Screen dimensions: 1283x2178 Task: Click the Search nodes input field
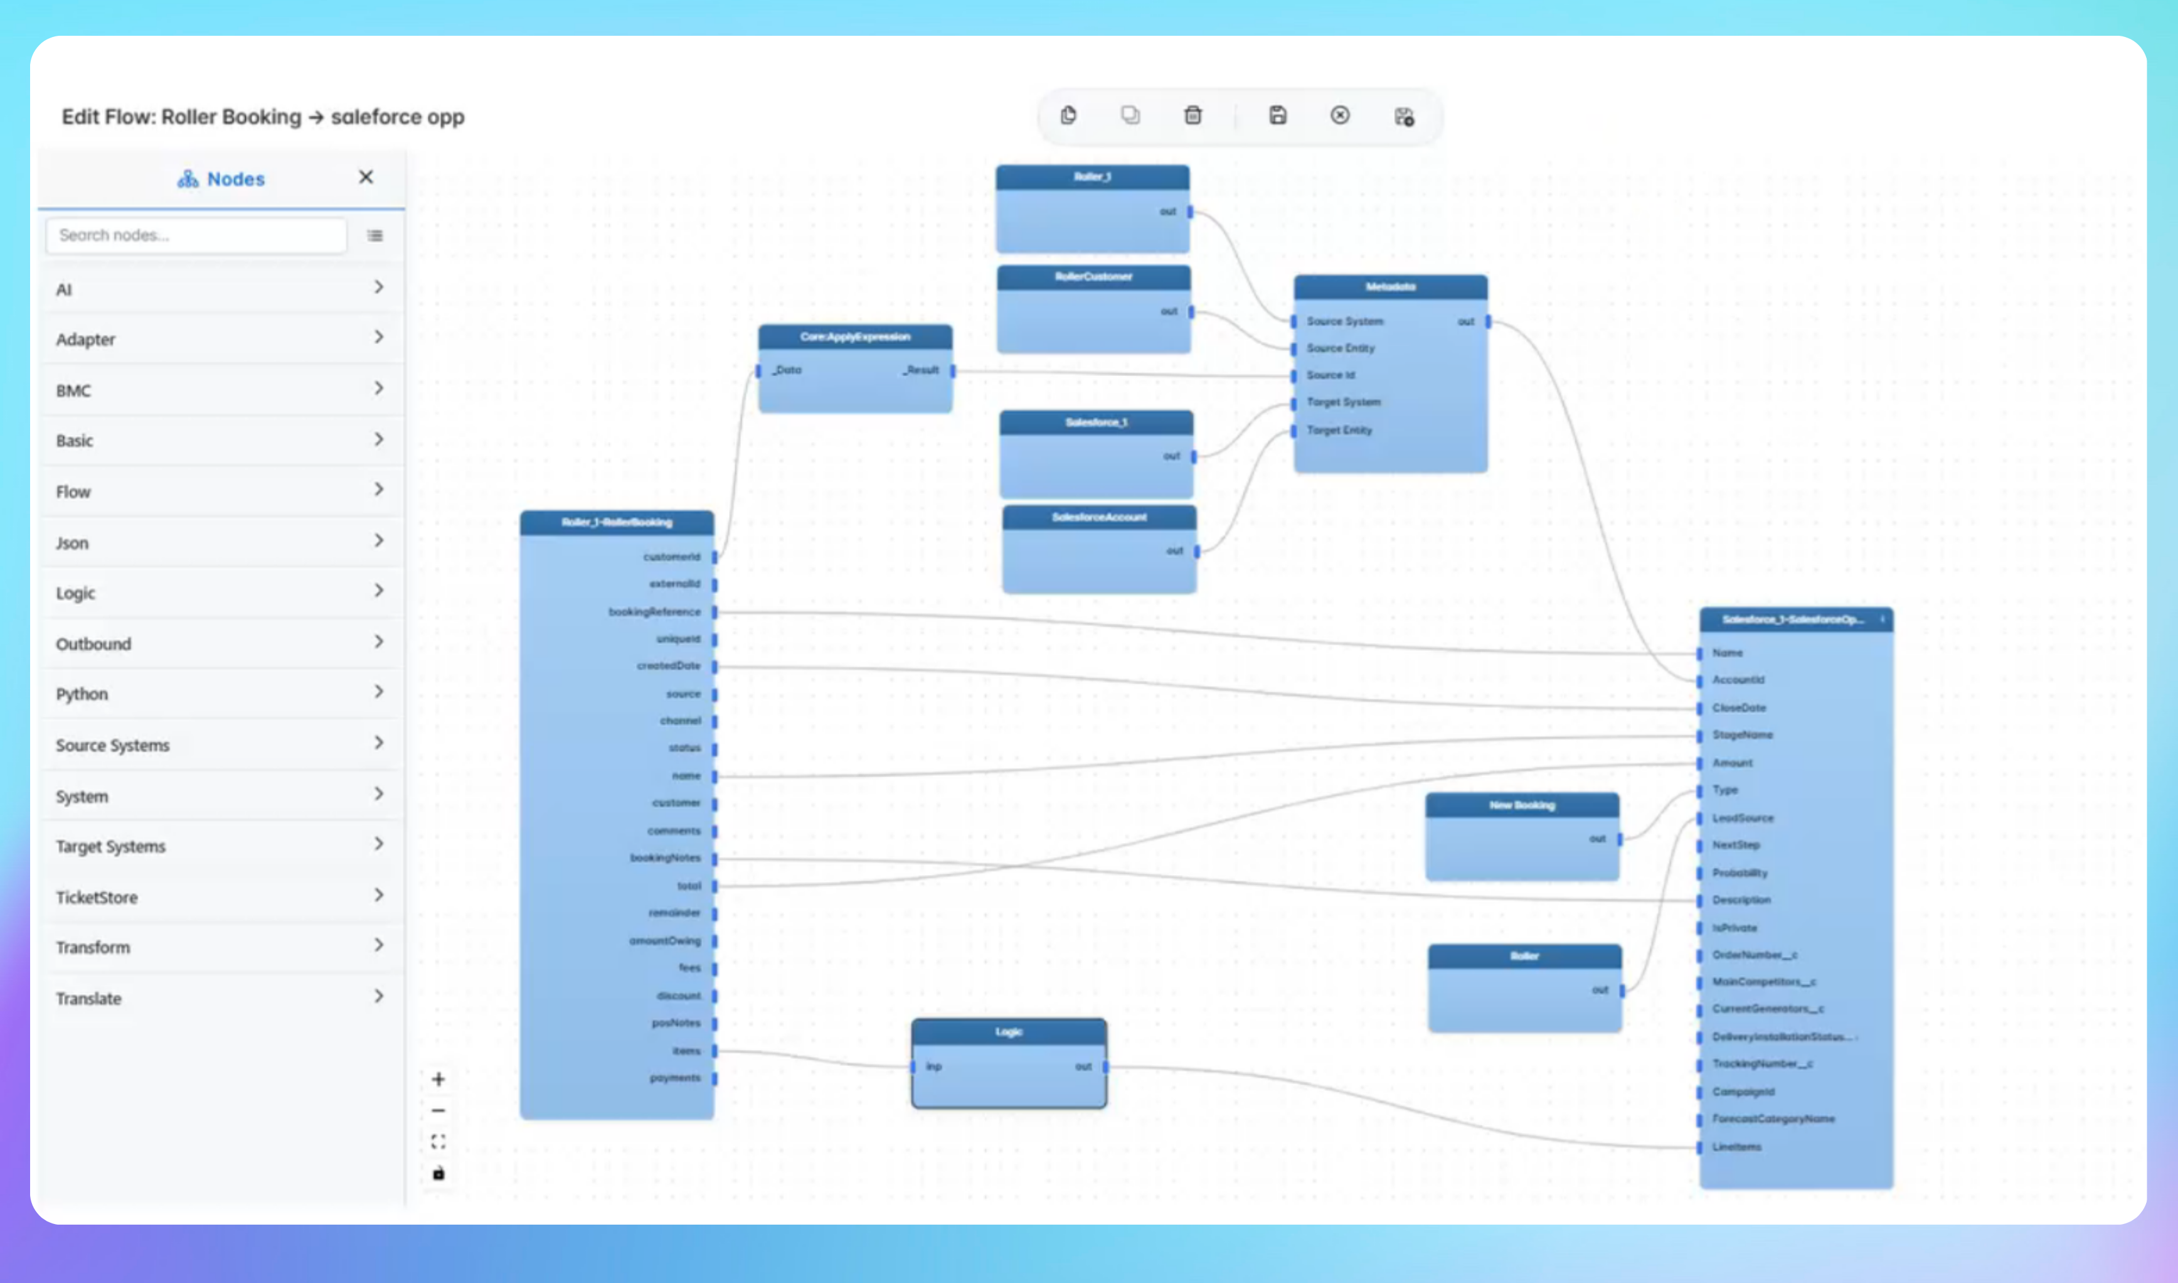[x=196, y=235]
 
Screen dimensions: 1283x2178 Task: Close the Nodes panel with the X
[x=366, y=177]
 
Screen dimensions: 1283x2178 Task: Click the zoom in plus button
[x=438, y=1079]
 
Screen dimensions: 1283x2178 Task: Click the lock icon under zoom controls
[x=438, y=1173]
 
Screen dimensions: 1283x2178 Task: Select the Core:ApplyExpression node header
[x=855, y=337]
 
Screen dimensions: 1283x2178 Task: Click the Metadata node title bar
[x=1389, y=287]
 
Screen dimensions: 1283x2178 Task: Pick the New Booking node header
[x=1521, y=805]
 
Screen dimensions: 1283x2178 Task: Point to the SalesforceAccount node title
[x=1098, y=518]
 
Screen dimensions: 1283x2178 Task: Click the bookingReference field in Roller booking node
[x=654, y=612]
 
